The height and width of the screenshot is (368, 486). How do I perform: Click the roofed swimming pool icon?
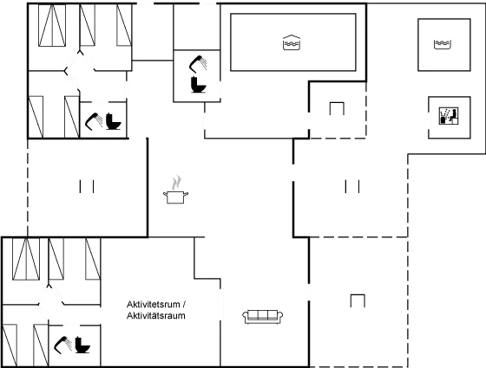click(x=292, y=42)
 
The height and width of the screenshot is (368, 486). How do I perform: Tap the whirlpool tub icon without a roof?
click(x=443, y=44)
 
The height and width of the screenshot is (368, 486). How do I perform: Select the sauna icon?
click(x=449, y=116)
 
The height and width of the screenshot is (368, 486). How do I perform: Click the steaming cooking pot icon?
click(x=175, y=190)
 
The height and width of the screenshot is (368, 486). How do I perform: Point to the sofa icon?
click(x=262, y=317)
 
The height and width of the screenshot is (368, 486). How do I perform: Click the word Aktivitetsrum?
click(x=153, y=304)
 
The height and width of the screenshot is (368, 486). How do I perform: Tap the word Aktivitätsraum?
click(x=156, y=316)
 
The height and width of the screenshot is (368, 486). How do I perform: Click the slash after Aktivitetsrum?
click(x=184, y=304)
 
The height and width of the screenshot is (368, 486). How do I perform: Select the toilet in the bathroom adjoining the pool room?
click(x=199, y=85)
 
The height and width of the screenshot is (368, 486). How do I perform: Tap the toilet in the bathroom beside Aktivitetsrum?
click(x=82, y=345)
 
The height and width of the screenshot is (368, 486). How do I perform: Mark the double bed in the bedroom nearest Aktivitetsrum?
click(x=26, y=259)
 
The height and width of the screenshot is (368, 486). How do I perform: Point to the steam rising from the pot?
click(x=176, y=183)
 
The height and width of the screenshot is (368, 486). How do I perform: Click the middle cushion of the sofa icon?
click(x=262, y=314)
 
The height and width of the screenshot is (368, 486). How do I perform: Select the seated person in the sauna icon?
click(x=453, y=114)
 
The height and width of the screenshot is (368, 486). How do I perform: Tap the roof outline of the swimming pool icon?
click(x=292, y=36)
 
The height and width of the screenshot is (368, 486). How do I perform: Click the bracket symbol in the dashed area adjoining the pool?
click(x=337, y=108)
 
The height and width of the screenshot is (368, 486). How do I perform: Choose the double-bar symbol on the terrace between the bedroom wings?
click(x=87, y=186)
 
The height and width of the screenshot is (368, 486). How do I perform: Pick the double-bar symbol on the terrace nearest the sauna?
click(x=352, y=186)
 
